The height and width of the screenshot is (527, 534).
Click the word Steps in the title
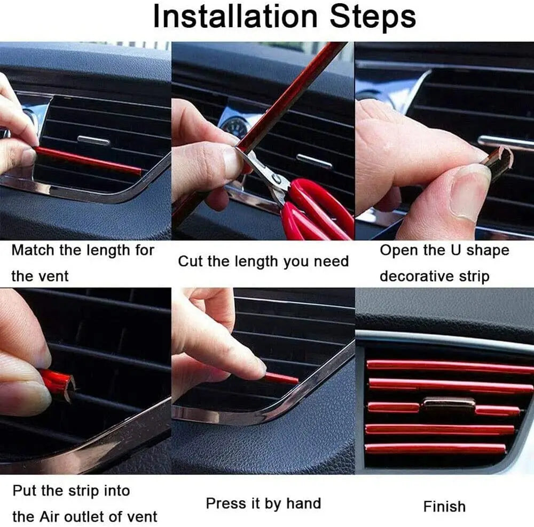pyautogui.click(x=372, y=17)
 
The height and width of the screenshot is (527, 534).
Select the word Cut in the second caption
pyautogui.click(x=190, y=261)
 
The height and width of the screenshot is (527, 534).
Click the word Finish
pyautogui.click(x=444, y=506)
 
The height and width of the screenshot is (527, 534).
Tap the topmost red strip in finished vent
pyautogui.click(x=449, y=366)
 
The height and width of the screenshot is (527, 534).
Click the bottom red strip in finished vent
pyautogui.click(x=435, y=448)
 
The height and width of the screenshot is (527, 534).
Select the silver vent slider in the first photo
pyautogui.click(x=93, y=141)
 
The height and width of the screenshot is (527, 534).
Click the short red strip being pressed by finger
pyautogui.click(x=281, y=378)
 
